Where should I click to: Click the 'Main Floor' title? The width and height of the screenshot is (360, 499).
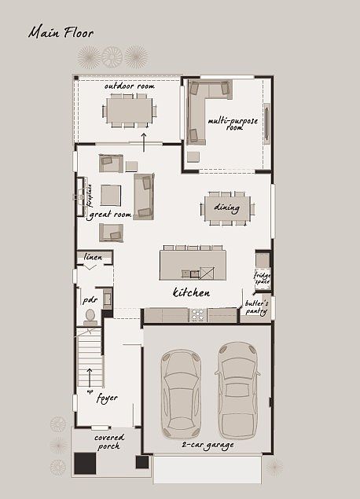(x=61, y=33)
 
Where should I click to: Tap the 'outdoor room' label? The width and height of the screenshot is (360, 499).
(x=129, y=86)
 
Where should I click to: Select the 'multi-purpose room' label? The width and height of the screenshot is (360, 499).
(x=226, y=124)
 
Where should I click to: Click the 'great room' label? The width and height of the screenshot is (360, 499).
(x=109, y=214)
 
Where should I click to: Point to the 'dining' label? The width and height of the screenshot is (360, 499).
(x=226, y=208)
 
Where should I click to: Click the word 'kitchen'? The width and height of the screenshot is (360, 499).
(x=191, y=293)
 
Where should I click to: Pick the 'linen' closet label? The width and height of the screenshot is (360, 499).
(x=94, y=258)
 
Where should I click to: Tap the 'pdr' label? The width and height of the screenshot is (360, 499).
(x=89, y=299)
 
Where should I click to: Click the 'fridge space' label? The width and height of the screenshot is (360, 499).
(x=262, y=277)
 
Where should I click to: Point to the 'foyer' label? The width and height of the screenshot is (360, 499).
(x=107, y=398)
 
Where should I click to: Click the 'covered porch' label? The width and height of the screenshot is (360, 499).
(x=107, y=442)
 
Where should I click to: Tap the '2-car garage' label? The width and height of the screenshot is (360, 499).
(x=208, y=445)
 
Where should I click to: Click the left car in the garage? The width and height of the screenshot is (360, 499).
(x=181, y=393)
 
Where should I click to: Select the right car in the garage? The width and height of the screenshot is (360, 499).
(x=237, y=390)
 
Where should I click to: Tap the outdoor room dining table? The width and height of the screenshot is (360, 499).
(x=130, y=111)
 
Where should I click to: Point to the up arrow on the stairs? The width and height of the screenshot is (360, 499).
(x=90, y=376)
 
